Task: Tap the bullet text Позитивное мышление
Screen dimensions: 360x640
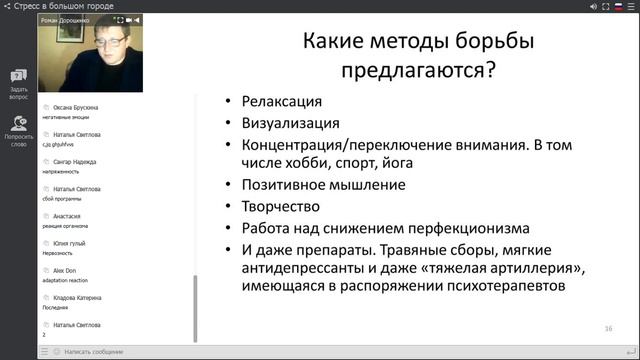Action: [x=323, y=184]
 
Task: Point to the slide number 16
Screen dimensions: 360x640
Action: [x=608, y=328]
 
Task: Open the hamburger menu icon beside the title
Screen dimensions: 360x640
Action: [x=9, y=7]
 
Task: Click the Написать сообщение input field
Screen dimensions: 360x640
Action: [x=95, y=352]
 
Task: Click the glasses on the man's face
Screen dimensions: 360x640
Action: [x=107, y=44]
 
